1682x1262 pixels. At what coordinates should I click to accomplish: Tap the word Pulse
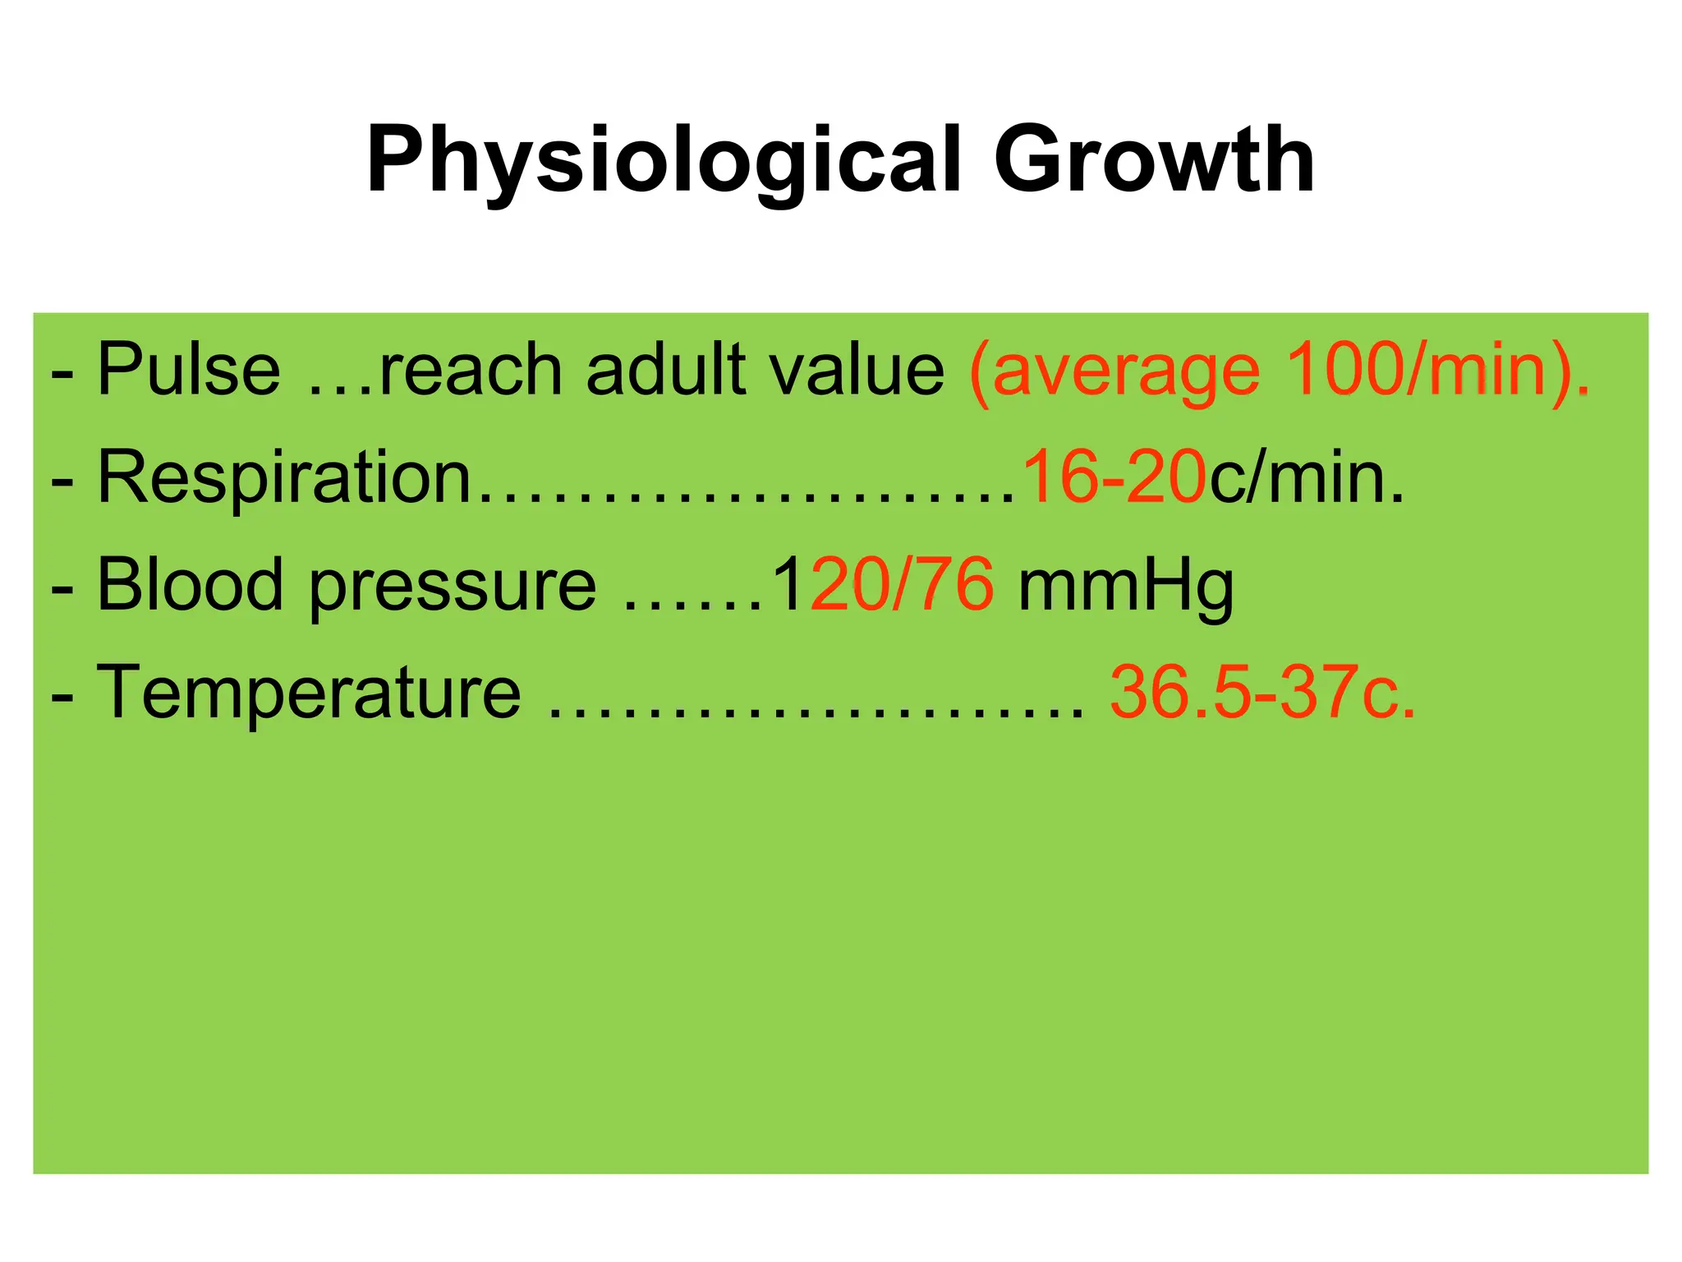pos(189,370)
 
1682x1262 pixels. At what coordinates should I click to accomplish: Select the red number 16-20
pos(1114,477)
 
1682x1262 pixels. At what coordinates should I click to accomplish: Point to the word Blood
pos(190,585)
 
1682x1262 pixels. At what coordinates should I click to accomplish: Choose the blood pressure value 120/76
pos(883,585)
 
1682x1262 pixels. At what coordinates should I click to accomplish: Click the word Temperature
pos(309,693)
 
